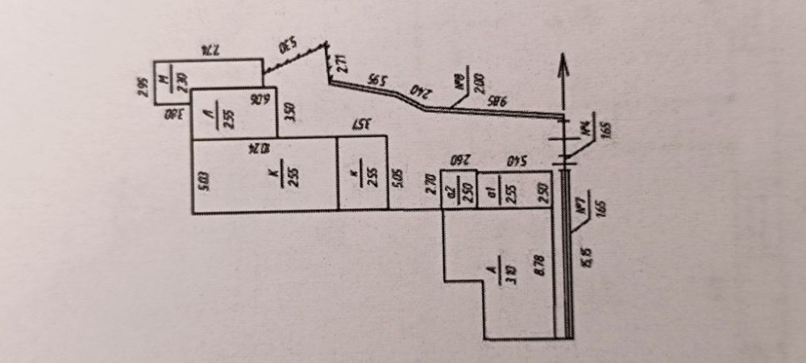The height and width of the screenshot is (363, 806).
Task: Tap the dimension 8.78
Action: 539,265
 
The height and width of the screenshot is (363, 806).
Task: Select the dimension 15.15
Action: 588,257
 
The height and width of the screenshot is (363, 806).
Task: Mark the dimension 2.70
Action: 430,181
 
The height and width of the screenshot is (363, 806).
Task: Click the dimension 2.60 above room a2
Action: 459,159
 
